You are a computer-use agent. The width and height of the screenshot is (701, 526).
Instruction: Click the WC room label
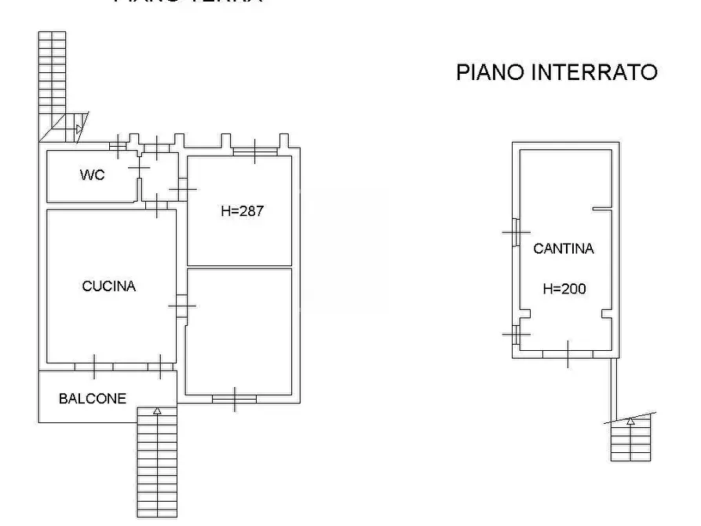pyautogui.click(x=92, y=175)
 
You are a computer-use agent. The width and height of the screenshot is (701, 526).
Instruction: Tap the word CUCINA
pyautogui.click(x=108, y=287)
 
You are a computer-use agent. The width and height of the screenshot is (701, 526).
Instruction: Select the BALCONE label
pyautogui.click(x=92, y=399)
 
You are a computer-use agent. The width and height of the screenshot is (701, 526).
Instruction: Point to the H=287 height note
pyautogui.click(x=242, y=211)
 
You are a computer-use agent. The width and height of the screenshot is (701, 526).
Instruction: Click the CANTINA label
pyautogui.click(x=563, y=249)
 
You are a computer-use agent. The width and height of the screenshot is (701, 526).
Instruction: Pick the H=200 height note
pyautogui.click(x=564, y=289)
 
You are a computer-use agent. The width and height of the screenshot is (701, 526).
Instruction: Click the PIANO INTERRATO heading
pyautogui.click(x=557, y=72)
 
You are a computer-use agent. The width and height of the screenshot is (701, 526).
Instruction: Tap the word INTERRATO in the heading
pyautogui.click(x=594, y=72)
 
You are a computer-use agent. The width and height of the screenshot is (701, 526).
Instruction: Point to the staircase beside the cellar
pyautogui.click(x=630, y=438)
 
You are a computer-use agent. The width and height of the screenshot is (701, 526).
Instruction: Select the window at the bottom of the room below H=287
pyautogui.click(x=235, y=400)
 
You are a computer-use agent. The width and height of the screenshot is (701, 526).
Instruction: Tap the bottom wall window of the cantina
pyautogui.click(x=568, y=355)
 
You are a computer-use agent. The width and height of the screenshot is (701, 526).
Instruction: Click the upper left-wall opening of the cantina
pyautogui.click(x=515, y=232)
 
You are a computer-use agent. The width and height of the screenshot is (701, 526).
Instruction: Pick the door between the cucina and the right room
pyautogui.click(x=181, y=305)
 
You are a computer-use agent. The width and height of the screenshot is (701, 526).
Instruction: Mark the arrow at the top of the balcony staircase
pyautogui.click(x=157, y=411)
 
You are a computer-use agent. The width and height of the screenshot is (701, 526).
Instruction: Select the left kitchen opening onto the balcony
pyautogui.click(x=94, y=366)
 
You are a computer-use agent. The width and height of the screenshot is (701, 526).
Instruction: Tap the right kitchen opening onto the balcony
pyautogui.click(x=160, y=366)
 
